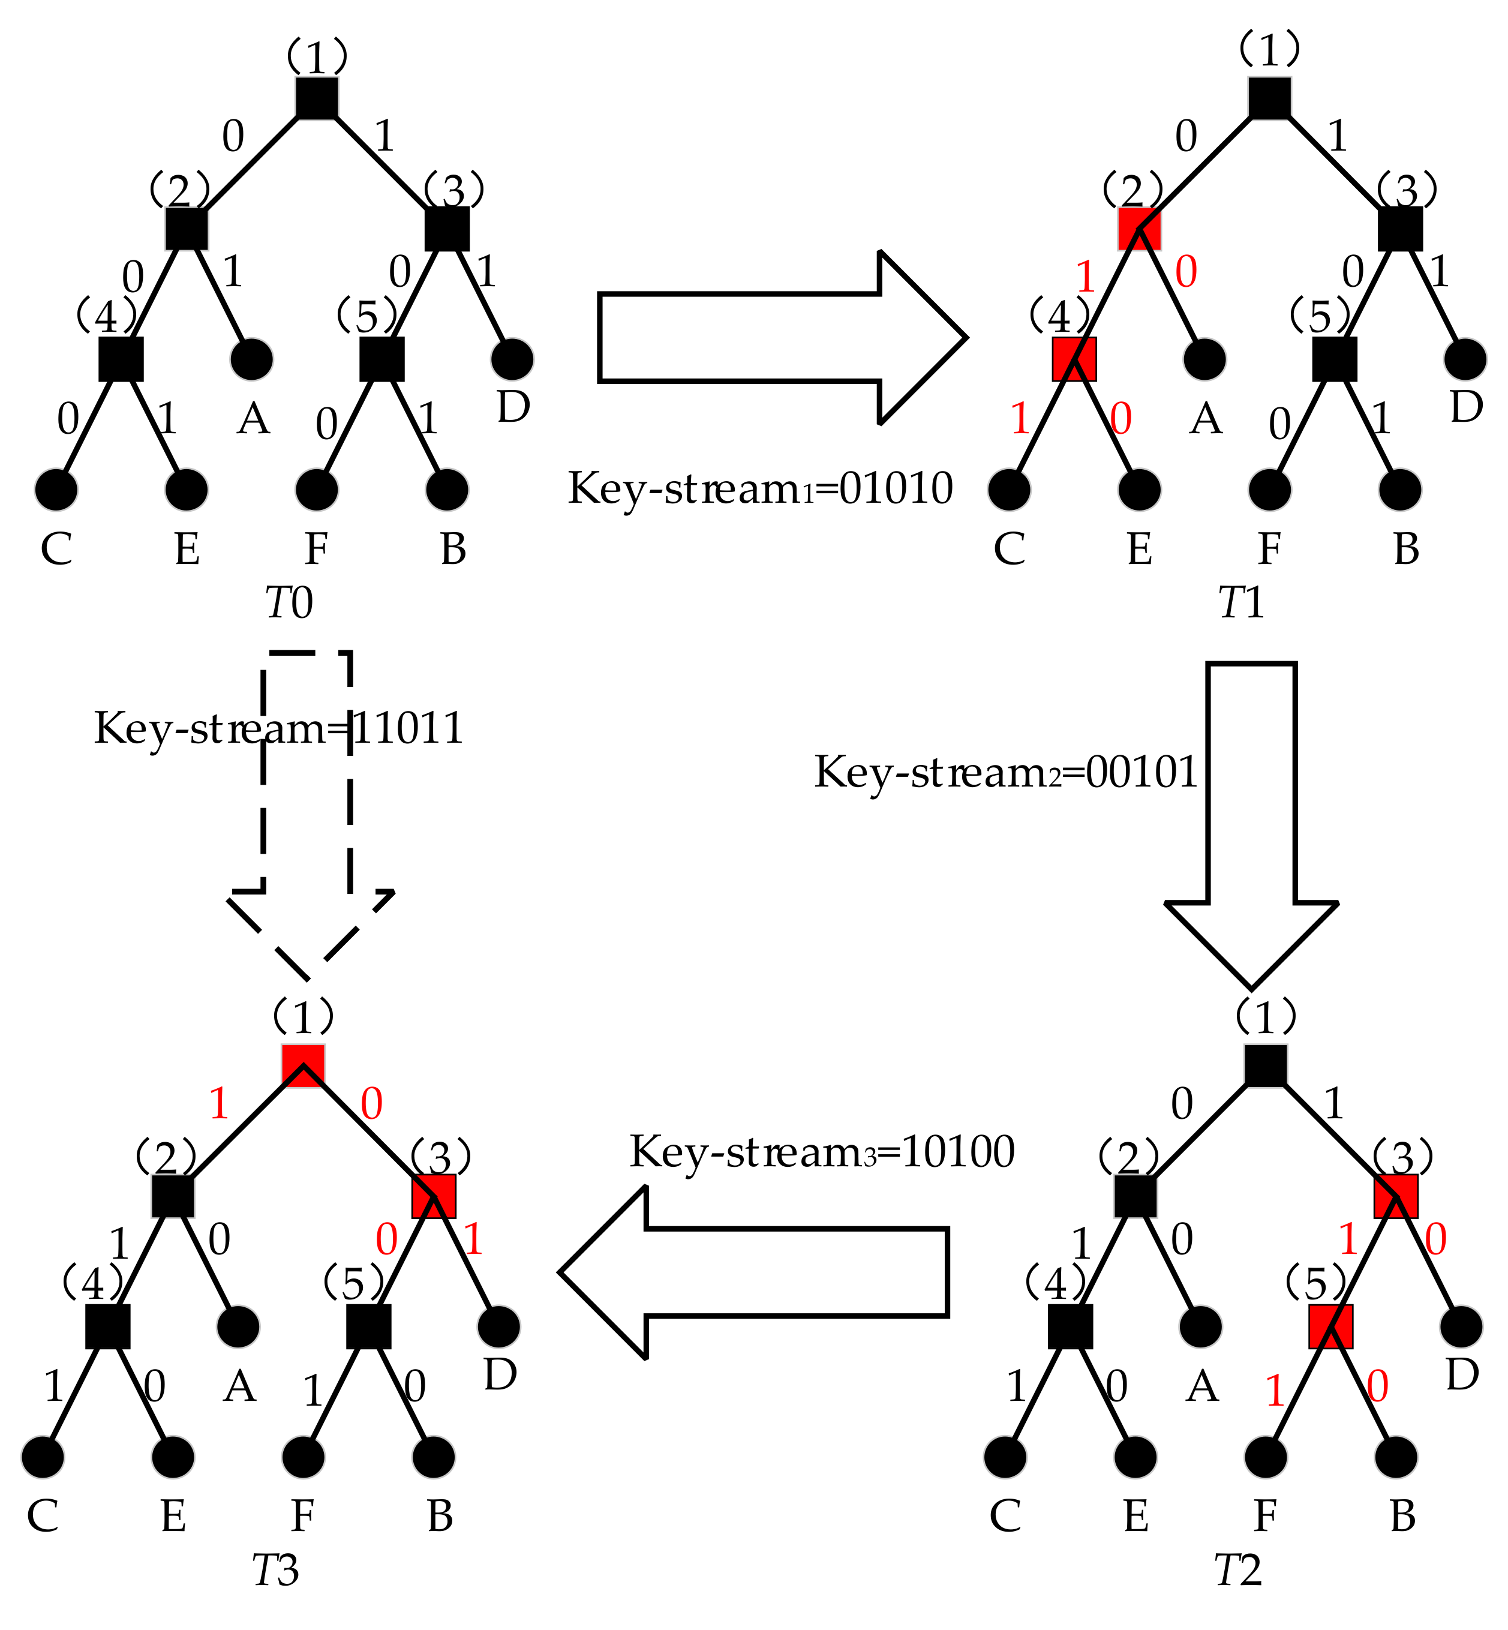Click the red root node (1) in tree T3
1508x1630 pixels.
coord(303,1065)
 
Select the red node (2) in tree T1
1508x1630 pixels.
coord(1139,229)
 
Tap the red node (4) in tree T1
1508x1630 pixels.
coord(1074,359)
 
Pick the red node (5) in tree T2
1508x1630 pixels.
coord(1331,1326)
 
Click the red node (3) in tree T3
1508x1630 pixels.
coord(433,1196)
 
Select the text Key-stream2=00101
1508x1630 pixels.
coord(1005,772)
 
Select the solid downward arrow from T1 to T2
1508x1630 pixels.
coord(1251,816)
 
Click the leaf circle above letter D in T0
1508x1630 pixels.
coord(512,359)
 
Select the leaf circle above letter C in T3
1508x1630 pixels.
coord(43,1457)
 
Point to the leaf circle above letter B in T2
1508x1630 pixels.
coord(1396,1457)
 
